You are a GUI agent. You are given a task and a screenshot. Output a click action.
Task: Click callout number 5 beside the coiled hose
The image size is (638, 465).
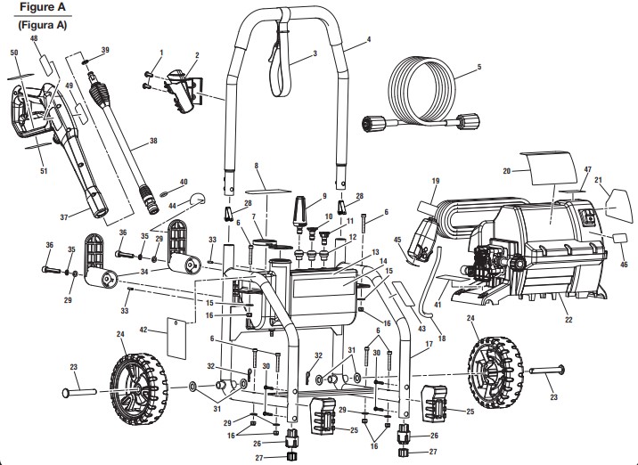click(478, 67)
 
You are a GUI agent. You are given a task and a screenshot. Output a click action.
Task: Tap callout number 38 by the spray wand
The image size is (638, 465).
click(152, 141)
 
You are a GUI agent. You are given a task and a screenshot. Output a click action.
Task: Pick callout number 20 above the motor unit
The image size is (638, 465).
click(505, 169)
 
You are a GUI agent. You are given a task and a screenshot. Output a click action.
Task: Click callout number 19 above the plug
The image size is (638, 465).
click(436, 181)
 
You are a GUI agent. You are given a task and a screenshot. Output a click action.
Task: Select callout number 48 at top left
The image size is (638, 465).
click(34, 40)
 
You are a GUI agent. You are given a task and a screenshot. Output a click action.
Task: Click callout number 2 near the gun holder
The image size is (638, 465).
click(196, 55)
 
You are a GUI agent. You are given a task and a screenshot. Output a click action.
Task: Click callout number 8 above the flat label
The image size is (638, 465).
click(257, 166)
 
